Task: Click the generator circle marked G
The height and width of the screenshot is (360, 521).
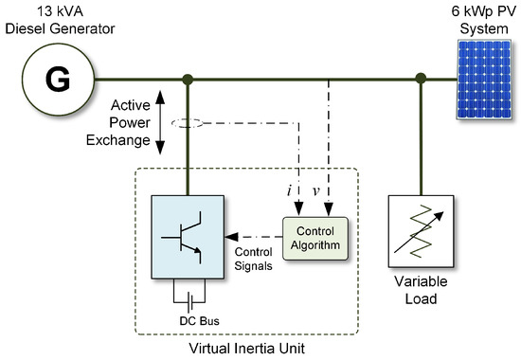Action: coord(59,81)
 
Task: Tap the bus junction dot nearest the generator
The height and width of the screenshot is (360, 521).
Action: coord(189,80)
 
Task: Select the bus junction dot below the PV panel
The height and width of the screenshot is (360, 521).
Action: coord(420,80)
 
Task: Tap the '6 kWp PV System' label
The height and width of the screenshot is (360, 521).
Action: coord(478,18)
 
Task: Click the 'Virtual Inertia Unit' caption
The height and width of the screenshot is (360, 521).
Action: coord(248,349)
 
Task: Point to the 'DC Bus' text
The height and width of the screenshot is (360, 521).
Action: coord(190,319)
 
